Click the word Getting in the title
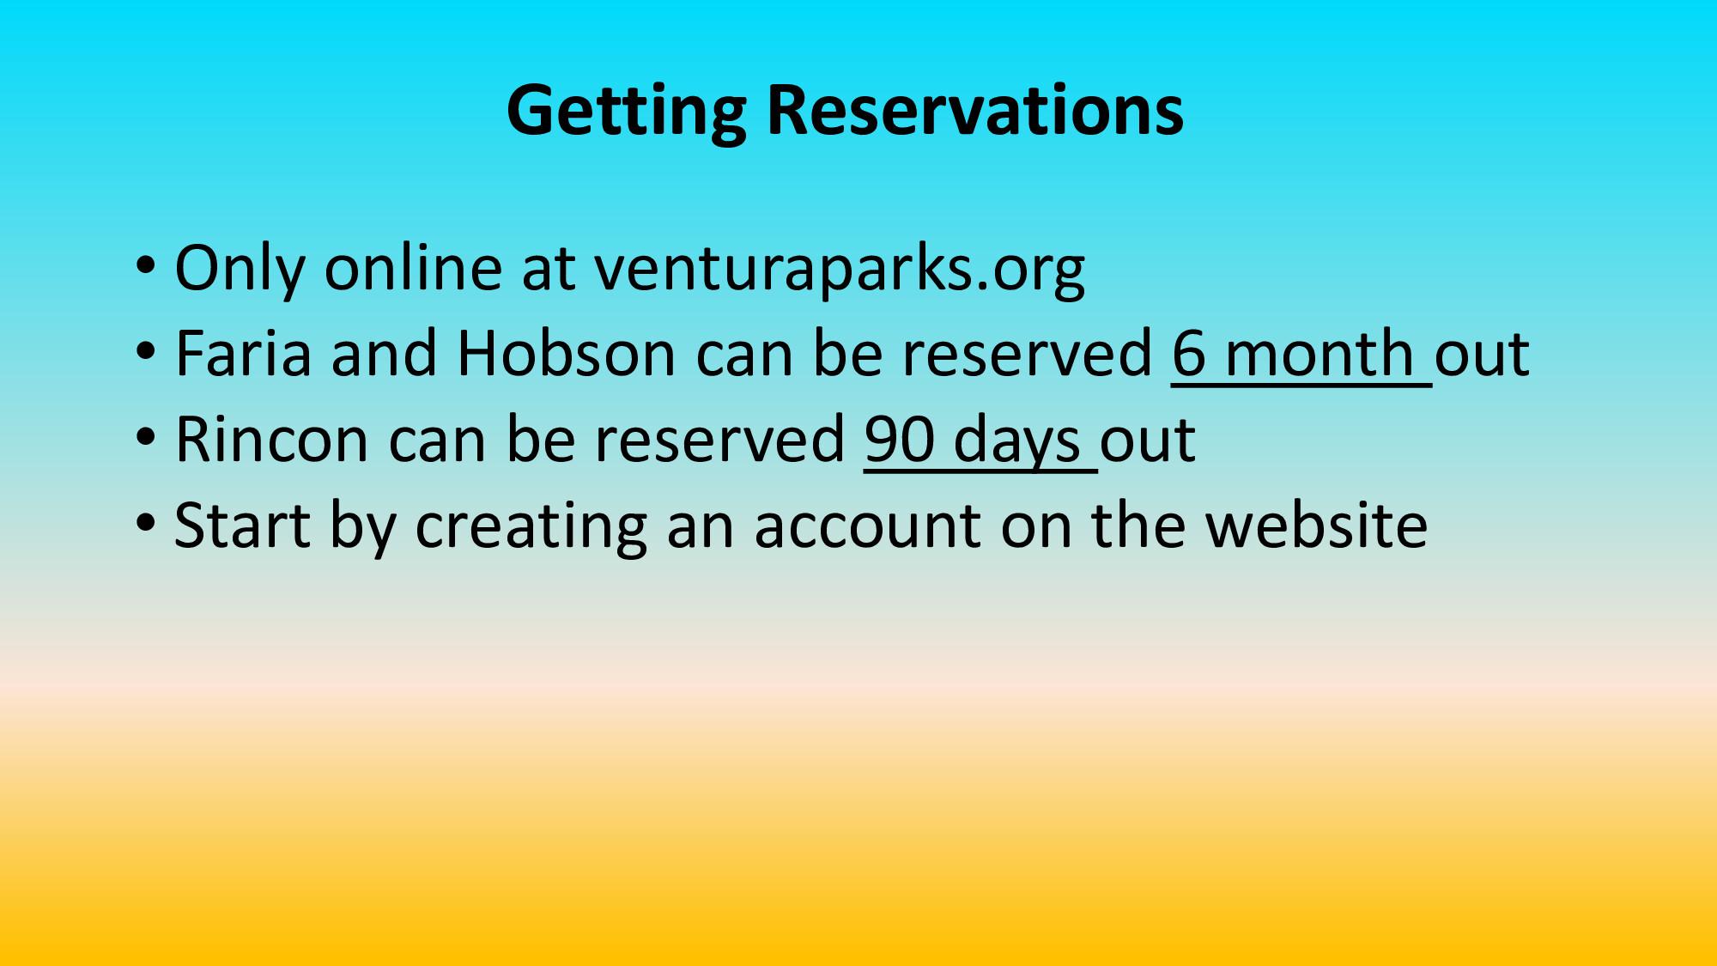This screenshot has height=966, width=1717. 627,112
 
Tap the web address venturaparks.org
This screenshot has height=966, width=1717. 840,270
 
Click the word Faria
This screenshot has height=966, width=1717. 243,353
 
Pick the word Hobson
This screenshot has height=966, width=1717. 567,353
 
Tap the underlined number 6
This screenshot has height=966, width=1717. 1190,354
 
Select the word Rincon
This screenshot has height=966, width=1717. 271,439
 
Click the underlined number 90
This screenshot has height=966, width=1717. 900,440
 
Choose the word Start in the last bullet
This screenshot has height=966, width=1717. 242,525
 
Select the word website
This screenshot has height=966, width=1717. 1317,525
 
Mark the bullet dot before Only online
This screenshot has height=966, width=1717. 146,264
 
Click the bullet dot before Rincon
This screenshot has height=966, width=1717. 146,436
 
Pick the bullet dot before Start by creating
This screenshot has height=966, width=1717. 146,522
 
